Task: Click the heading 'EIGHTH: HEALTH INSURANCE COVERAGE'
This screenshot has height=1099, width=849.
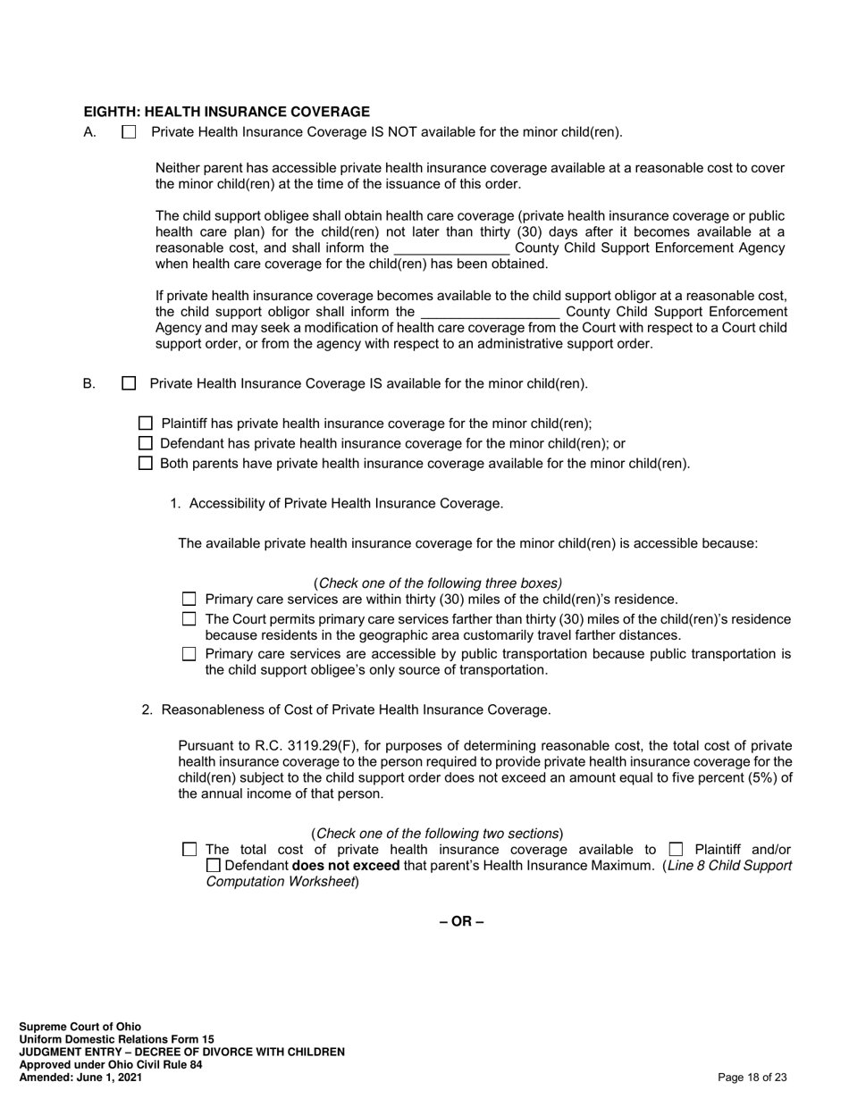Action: (x=227, y=112)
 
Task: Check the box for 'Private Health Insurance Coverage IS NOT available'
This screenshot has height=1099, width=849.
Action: (x=129, y=132)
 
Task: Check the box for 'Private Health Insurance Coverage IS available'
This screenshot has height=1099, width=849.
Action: (x=129, y=383)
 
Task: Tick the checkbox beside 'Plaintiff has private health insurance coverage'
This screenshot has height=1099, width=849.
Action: (x=147, y=424)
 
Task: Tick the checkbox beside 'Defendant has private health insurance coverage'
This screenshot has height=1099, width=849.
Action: (x=147, y=443)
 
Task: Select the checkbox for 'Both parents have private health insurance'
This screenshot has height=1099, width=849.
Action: (x=147, y=463)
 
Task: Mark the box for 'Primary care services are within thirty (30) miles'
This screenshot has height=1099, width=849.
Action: (x=189, y=600)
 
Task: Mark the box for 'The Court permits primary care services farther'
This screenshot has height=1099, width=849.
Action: (x=189, y=619)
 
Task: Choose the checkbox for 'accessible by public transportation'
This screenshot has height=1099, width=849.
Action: (x=189, y=654)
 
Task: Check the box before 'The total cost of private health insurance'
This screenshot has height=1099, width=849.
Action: (x=189, y=849)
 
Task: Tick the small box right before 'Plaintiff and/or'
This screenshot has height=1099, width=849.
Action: (x=676, y=849)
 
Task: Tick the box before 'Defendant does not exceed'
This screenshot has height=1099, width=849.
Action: (x=213, y=866)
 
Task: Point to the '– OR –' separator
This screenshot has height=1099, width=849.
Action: (x=461, y=921)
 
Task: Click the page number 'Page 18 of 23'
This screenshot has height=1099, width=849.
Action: (x=752, y=1078)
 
